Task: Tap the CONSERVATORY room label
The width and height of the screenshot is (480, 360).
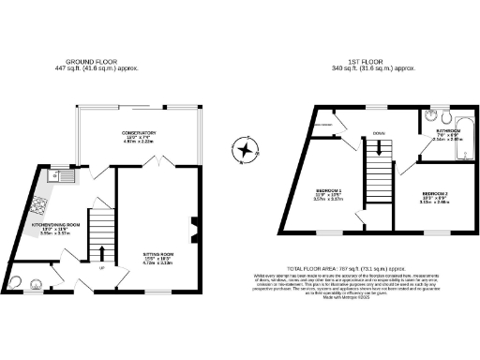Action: pos(143,135)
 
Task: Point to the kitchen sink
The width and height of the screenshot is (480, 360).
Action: pos(55,175)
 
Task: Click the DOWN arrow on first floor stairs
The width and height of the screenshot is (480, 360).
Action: pos(377,147)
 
